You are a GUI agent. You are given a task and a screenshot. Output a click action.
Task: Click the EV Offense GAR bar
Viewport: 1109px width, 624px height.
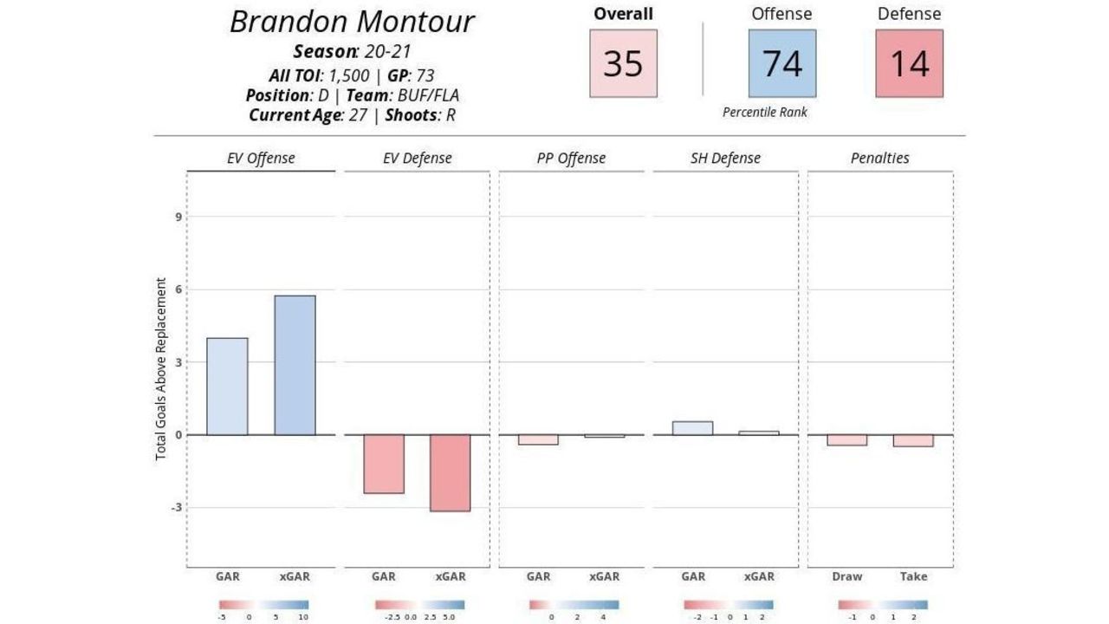227,387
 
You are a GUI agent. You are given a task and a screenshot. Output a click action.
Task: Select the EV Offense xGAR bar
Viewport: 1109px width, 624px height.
295,365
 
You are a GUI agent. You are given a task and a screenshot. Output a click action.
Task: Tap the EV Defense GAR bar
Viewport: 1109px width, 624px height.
384,464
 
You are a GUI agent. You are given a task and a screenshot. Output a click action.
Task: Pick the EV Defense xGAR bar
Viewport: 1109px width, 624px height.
450,472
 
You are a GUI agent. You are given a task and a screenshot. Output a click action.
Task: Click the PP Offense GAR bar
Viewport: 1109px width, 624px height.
538,439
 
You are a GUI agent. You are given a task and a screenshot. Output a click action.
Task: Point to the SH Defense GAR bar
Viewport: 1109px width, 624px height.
692,428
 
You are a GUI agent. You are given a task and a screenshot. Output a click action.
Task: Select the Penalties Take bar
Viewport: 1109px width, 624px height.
913,440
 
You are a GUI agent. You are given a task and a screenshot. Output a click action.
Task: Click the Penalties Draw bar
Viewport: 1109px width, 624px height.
846,440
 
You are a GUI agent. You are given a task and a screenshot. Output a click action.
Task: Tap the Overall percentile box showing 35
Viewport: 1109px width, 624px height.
623,63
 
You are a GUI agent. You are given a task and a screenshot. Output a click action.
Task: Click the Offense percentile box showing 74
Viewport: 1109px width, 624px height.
781,63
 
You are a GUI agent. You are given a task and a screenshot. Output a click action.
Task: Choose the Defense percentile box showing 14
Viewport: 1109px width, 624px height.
909,63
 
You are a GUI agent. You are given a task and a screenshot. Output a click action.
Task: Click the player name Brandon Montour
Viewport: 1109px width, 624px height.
352,22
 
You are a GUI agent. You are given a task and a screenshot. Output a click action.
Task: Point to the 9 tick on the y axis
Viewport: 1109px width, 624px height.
178,217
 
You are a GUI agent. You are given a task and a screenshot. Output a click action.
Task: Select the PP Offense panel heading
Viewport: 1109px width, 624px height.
571,158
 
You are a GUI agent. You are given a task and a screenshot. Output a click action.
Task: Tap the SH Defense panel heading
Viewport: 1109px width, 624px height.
725,158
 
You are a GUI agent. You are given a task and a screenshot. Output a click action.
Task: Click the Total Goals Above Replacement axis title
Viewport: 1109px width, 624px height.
161,369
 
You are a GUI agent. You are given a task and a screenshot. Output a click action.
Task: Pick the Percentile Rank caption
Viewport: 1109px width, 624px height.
764,112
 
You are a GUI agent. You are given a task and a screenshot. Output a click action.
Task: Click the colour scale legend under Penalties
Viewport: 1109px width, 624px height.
883,605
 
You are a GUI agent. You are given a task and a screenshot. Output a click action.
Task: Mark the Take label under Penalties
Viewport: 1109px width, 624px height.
913,576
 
